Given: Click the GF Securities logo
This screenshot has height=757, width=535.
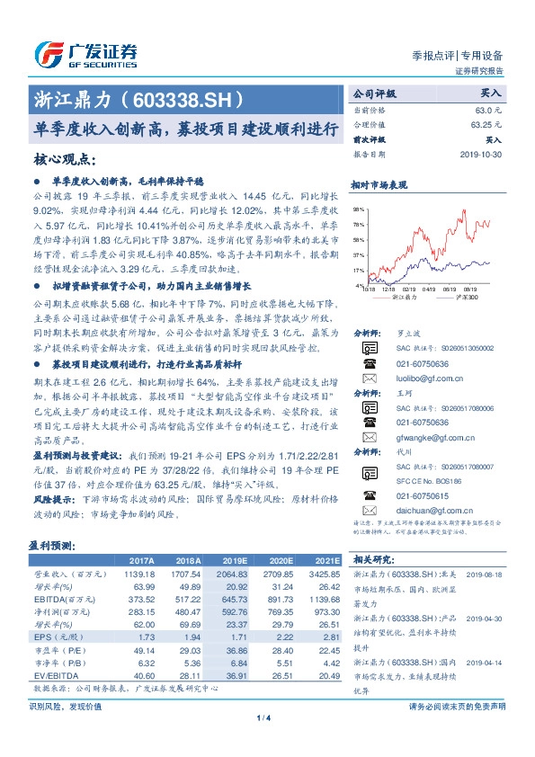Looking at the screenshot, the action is point(85,52).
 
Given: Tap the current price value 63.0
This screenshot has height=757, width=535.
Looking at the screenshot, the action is point(488,109).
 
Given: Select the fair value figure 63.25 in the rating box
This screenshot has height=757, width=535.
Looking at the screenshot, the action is point(485,124).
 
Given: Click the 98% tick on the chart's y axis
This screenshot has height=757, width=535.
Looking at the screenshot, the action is point(358,208).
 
